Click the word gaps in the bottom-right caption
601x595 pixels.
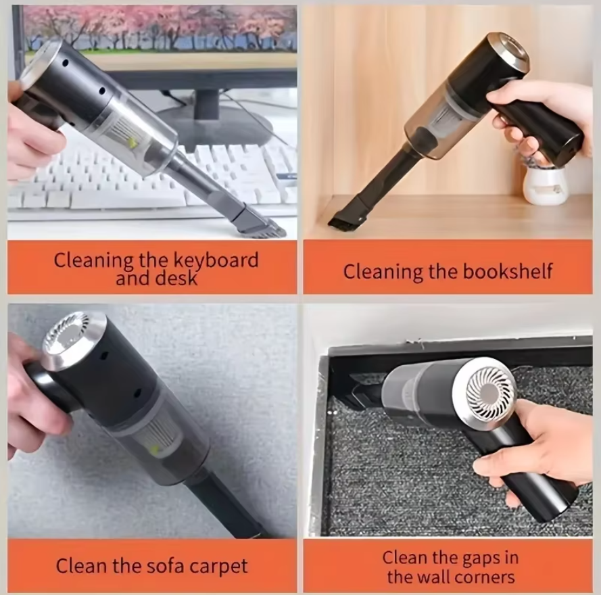(x=475, y=558)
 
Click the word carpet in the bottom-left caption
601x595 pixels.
(x=214, y=566)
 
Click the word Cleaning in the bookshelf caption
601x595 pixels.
(x=382, y=272)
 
